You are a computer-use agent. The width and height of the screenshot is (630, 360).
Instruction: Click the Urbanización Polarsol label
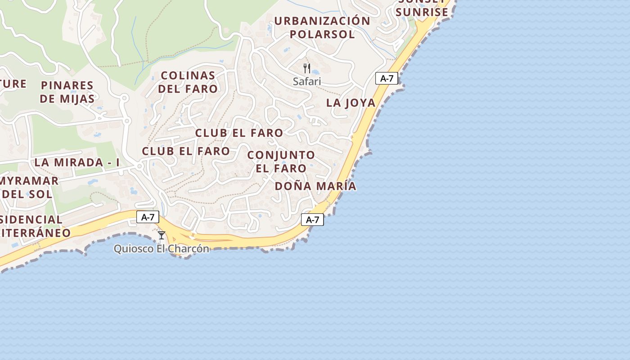point(322,27)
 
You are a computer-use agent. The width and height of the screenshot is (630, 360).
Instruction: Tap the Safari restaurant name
point(307,81)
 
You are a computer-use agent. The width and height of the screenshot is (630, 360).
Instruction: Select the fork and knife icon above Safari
point(307,68)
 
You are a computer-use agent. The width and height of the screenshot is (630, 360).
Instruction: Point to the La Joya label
point(351,103)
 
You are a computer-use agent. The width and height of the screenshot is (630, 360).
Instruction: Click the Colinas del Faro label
point(188,82)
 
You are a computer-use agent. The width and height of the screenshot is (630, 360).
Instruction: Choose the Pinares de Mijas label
point(67,92)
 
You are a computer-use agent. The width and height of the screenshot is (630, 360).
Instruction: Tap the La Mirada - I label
point(77,162)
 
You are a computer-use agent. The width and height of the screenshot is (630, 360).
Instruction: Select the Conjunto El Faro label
point(281,162)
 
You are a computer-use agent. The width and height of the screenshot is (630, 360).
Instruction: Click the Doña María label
point(315,186)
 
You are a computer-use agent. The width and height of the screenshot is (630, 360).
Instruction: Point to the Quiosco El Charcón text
point(161,248)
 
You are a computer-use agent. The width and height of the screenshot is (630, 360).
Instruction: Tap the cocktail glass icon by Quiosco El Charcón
point(162,235)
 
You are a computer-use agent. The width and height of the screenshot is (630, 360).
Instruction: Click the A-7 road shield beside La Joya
point(387,78)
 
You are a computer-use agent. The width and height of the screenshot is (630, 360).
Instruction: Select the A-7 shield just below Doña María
point(312,220)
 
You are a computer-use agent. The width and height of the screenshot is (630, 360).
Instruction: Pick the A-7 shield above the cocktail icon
point(148,217)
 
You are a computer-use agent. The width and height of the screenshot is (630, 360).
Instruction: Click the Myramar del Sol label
point(29,187)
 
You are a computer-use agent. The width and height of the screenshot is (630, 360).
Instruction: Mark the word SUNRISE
point(422,12)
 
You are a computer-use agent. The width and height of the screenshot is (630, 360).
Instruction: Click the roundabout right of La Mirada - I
point(139,166)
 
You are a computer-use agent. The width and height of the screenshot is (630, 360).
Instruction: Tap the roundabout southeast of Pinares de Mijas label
point(126,121)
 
